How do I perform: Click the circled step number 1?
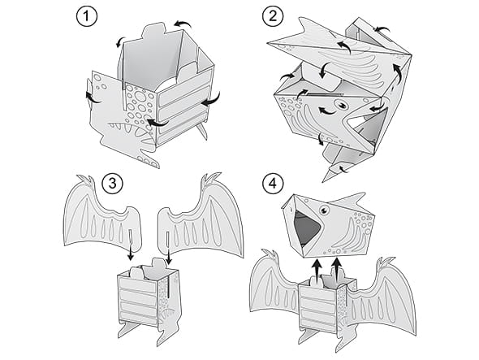pos(87,16)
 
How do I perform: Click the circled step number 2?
pos(273,16)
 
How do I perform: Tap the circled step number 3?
pos(113,184)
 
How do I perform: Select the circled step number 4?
pos(273,184)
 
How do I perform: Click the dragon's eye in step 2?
pos(341,105)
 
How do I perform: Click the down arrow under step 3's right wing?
pos(168,256)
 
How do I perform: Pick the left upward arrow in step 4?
pos(317,267)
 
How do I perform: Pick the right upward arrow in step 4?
pos(337,267)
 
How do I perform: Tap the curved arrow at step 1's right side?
pos(211,99)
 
